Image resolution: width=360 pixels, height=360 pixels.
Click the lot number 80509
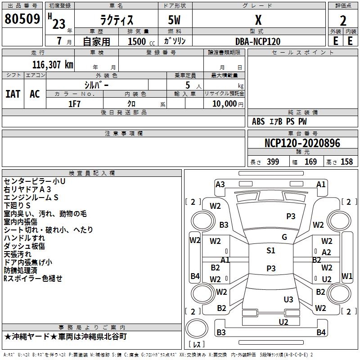(x=22, y=18)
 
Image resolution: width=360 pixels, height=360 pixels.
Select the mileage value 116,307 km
(x=53, y=65)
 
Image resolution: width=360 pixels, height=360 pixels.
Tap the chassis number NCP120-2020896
(x=302, y=143)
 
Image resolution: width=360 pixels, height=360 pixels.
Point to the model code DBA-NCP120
(x=258, y=41)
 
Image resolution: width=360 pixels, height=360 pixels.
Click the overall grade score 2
(x=343, y=21)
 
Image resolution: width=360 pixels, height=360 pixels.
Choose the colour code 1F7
(x=74, y=104)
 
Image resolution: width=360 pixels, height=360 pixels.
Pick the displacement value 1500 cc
(x=141, y=41)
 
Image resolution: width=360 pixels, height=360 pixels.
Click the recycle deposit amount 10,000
(x=225, y=104)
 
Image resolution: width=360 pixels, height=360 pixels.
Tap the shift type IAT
(x=13, y=94)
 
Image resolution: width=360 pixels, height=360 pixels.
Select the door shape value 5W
(x=174, y=20)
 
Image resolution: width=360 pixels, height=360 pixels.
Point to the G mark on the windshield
(x=284, y=237)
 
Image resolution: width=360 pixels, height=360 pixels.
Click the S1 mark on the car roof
(x=271, y=251)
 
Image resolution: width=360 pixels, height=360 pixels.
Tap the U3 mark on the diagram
(x=288, y=299)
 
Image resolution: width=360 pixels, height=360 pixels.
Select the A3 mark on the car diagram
(x=220, y=184)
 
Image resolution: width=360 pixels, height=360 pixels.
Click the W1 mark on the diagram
(x=347, y=276)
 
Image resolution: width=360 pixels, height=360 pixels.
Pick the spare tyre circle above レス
(x=197, y=328)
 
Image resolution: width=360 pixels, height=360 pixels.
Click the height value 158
(x=346, y=162)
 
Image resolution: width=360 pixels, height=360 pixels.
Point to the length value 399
(x=273, y=162)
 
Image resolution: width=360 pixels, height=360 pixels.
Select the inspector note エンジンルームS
(x=31, y=198)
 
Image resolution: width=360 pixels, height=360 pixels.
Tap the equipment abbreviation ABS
(x=258, y=121)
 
